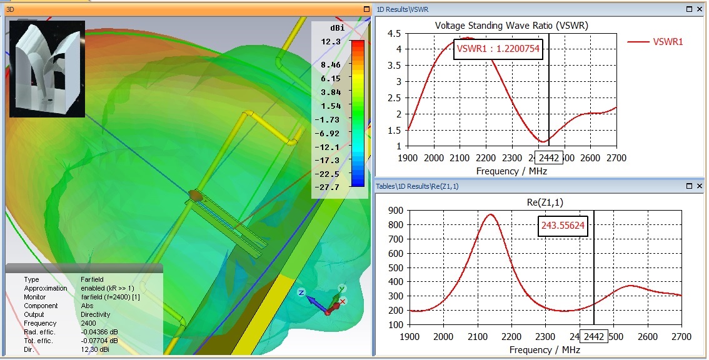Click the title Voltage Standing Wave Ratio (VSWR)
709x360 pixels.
(x=511, y=26)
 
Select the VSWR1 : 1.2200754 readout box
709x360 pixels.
(x=498, y=48)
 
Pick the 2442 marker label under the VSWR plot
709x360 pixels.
(x=550, y=158)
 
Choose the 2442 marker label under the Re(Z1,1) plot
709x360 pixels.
(x=593, y=337)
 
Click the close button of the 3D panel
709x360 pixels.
(x=366, y=9)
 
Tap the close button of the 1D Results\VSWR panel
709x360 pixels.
(x=699, y=9)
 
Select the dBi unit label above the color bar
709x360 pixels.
(x=337, y=29)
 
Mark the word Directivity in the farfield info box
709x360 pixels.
(x=96, y=314)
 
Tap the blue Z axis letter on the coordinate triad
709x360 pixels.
(x=301, y=292)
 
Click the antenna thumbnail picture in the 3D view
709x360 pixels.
(x=47, y=69)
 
